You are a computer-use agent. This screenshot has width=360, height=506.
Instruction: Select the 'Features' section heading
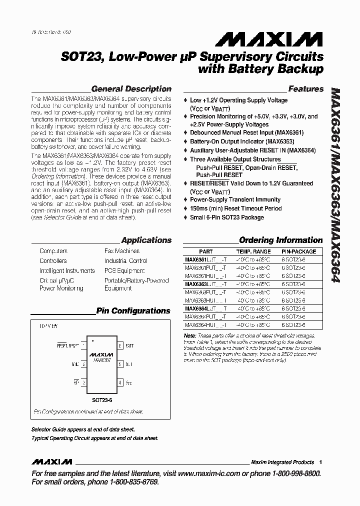[306, 89]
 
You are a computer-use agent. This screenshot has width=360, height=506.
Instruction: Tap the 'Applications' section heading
[146, 240]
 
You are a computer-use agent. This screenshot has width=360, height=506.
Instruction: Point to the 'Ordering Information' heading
[280, 240]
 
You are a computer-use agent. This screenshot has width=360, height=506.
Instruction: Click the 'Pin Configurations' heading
[133, 311]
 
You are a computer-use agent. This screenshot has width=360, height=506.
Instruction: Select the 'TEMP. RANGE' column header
[253, 251]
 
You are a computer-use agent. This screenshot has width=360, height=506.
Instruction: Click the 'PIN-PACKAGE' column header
[298, 251]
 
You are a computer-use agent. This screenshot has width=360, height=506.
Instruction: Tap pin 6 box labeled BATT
[120, 345]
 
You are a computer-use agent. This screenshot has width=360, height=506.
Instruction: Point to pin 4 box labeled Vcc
[120, 382]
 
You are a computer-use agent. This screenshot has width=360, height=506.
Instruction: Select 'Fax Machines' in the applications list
[121, 251]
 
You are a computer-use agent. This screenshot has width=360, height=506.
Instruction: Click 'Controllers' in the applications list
[53, 261]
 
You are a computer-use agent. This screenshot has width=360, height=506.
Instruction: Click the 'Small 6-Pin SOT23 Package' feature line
[226, 217]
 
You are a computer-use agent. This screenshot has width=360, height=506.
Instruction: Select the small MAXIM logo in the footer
[52, 461]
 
